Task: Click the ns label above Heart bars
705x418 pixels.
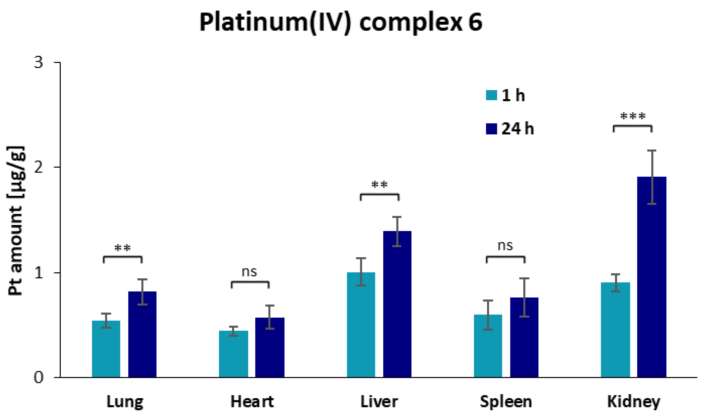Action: pos(249,272)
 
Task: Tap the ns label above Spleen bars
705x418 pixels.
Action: pos(505,246)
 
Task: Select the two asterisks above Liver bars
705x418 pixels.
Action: pos(379,185)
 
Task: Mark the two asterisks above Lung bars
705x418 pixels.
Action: pos(122,248)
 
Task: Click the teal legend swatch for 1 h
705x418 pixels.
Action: pos(491,95)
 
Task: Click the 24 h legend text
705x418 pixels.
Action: pos(518,129)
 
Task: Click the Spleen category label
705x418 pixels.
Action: pos(506,402)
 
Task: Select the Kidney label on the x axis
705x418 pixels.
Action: pos(633,402)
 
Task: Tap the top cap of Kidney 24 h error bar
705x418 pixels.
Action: pos(651,150)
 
